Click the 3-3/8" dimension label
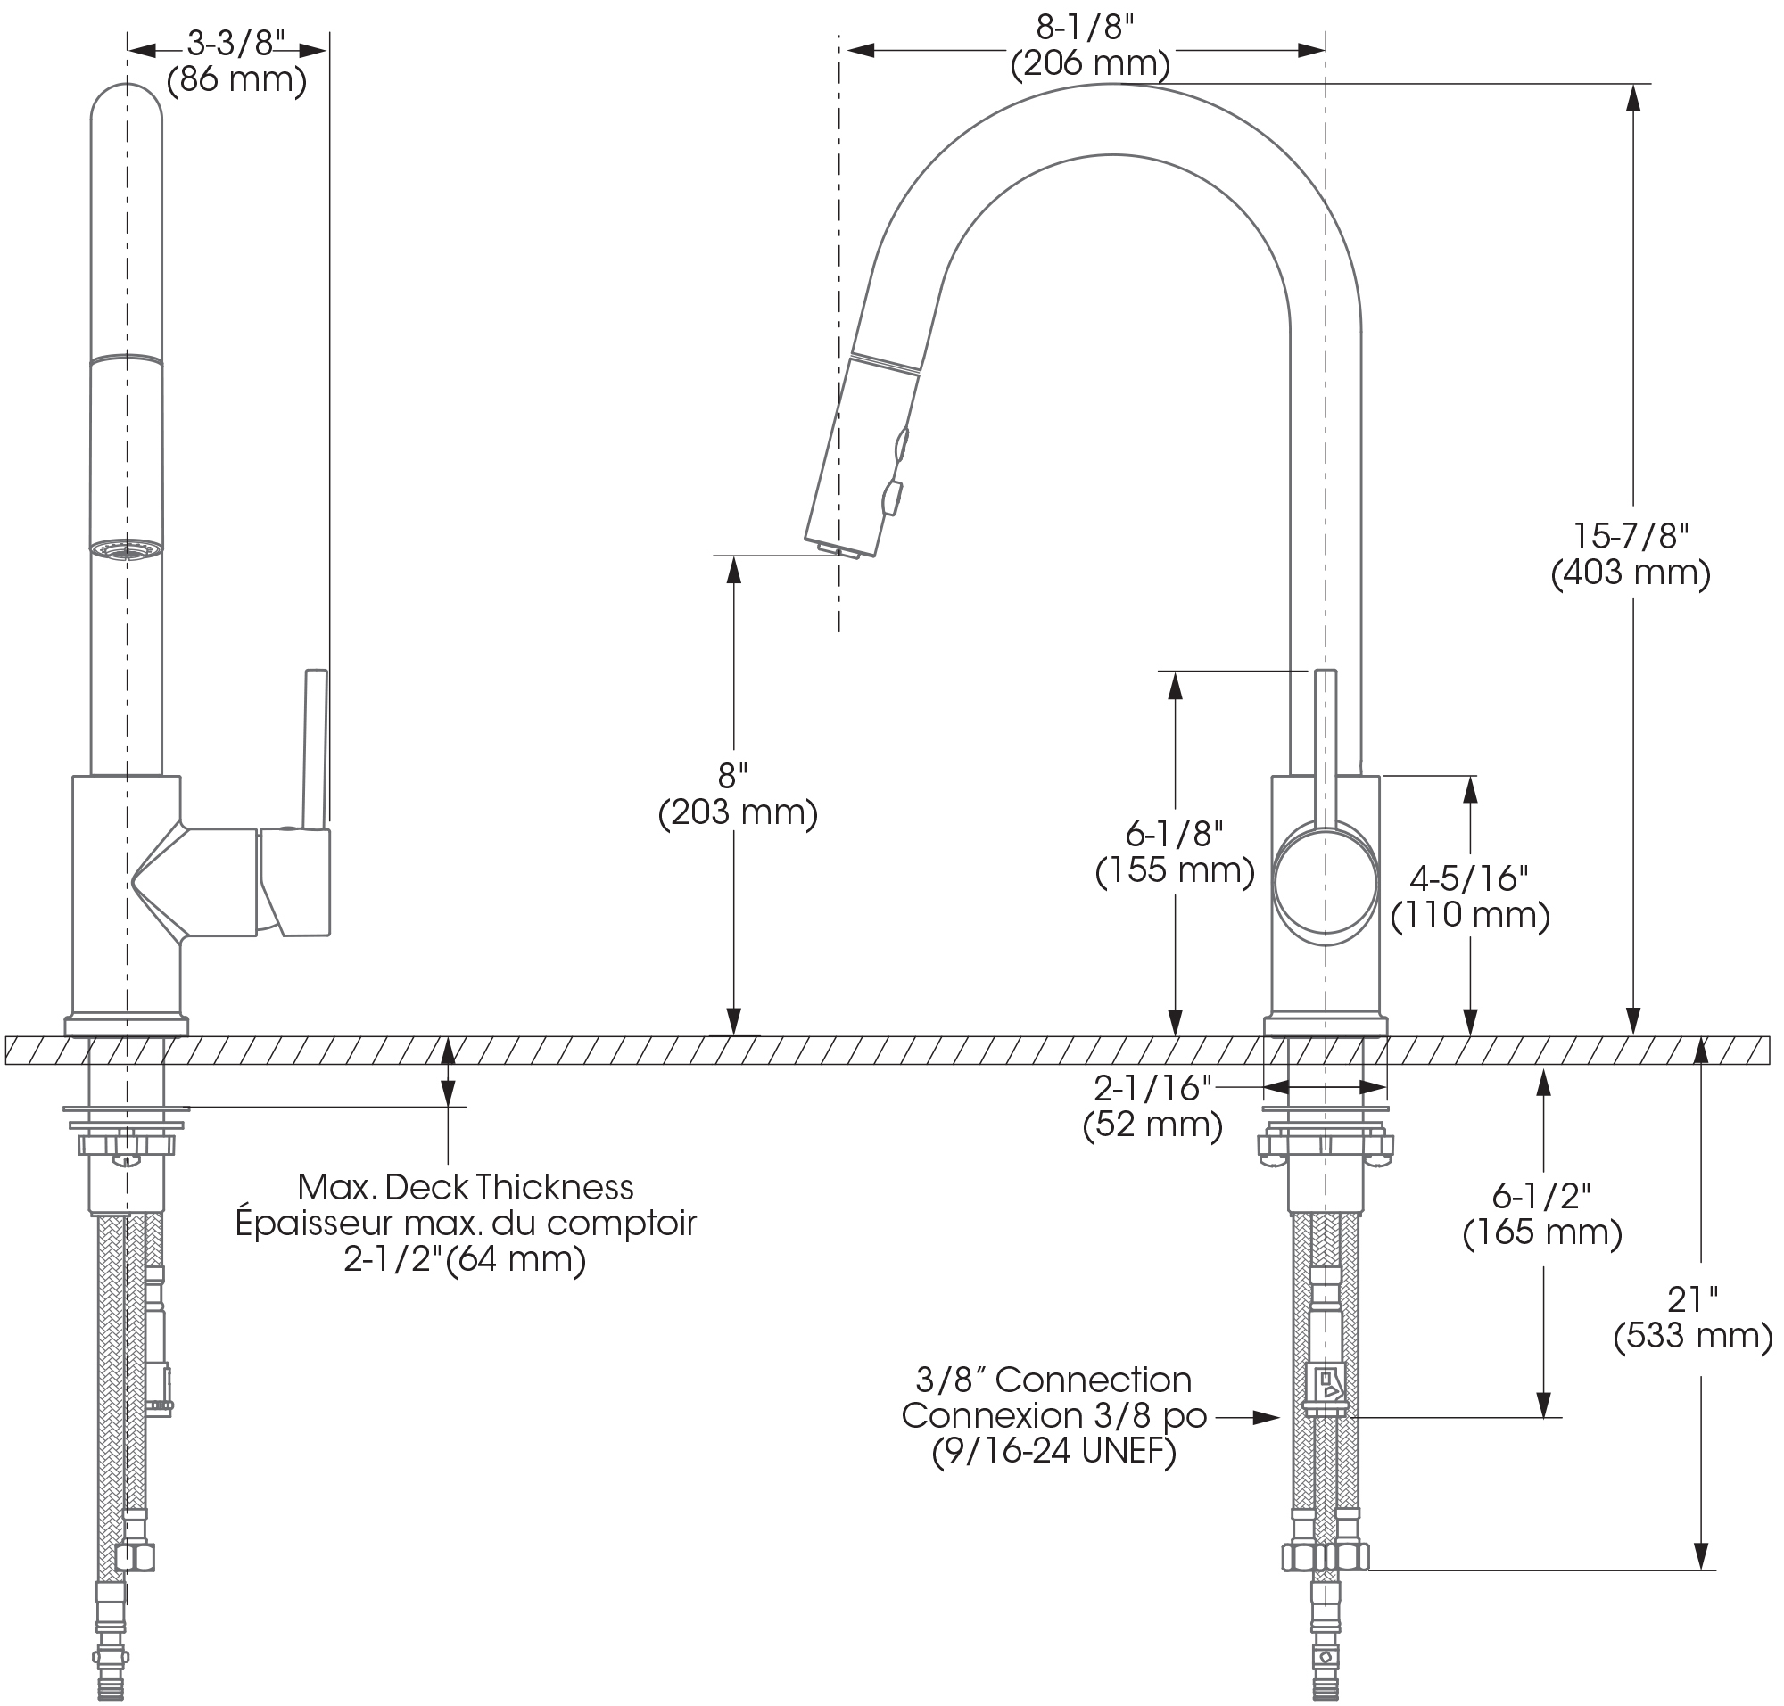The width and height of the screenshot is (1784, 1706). point(235,44)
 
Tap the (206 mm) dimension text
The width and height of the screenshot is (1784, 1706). point(1090,63)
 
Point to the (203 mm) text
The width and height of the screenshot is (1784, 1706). point(738,812)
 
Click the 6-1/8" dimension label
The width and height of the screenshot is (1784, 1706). point(1174,833)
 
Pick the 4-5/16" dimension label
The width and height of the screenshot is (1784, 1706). point(1468,878)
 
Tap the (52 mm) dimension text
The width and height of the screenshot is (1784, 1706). point(1152,1125)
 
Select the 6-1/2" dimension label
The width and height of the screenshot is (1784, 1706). point(1542,1197)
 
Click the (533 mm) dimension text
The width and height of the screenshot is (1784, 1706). point(1693,1336)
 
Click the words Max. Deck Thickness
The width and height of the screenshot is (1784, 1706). point(465,1187)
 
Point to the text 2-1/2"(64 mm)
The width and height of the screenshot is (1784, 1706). point(465,1259)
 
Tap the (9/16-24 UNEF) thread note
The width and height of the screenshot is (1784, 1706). point(1053,1451)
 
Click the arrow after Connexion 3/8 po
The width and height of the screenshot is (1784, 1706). point(1265,1417)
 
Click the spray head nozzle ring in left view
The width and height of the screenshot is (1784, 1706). point(127,548)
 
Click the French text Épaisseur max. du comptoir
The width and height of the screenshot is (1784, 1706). point(465,1224)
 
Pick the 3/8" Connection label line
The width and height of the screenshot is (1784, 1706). point(1053,1380)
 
